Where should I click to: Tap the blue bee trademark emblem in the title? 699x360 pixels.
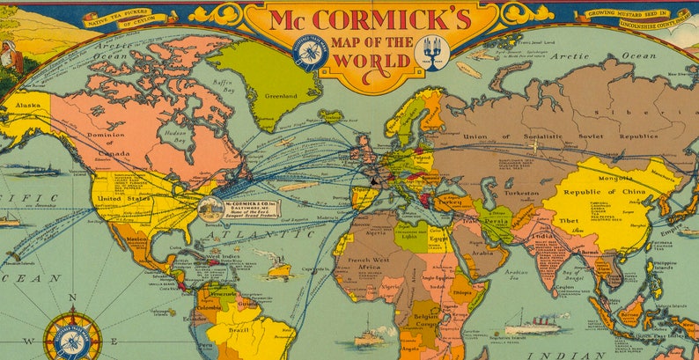(310, 53)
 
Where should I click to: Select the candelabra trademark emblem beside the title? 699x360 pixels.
(432, 52)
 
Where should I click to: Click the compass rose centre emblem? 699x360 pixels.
(72, 341)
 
